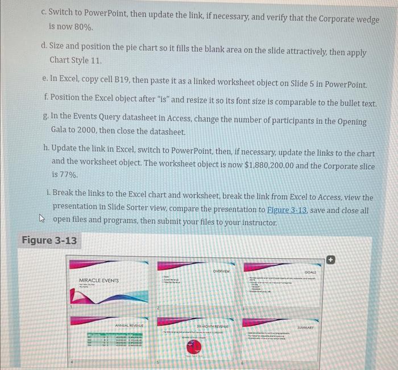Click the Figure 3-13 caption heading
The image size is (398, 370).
[49, 240]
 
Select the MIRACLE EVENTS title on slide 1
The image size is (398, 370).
[99, 280]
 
